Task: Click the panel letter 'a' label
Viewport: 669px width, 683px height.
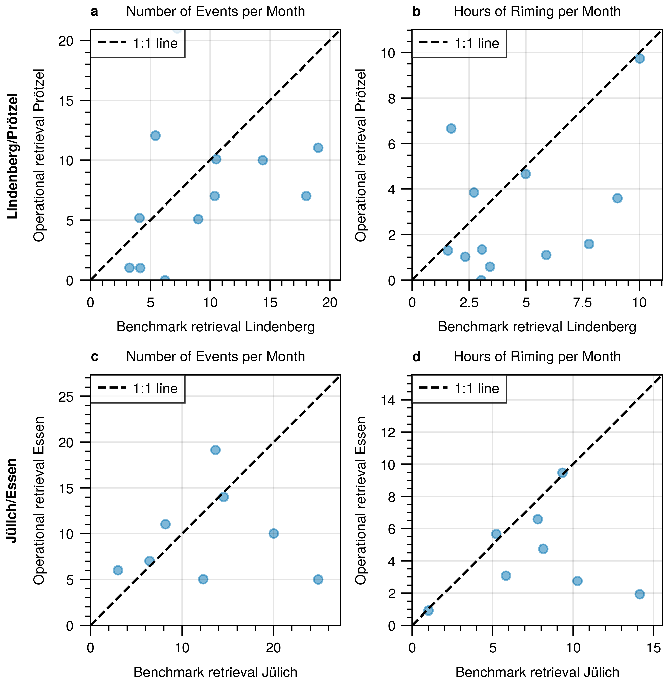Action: (x=94, y=12)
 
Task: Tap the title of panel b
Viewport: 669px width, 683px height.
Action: (x=537, y=11)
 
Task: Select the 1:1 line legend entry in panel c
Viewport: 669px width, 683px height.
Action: (x=138, y=388)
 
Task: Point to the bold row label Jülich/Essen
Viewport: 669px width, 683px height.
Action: (x=13, y=501)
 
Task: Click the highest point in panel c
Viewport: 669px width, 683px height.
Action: (x=215, y=450)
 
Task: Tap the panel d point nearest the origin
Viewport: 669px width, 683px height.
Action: (x=428, y=610)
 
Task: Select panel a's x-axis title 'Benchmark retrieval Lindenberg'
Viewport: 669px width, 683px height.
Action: (x=215, y=327)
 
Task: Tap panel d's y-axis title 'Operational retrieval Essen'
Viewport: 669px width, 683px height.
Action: (x=361, y=501)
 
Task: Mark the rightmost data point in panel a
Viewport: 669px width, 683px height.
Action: (x=318, y=148)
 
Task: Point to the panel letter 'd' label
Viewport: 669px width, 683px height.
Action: (x=416, y=357)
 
